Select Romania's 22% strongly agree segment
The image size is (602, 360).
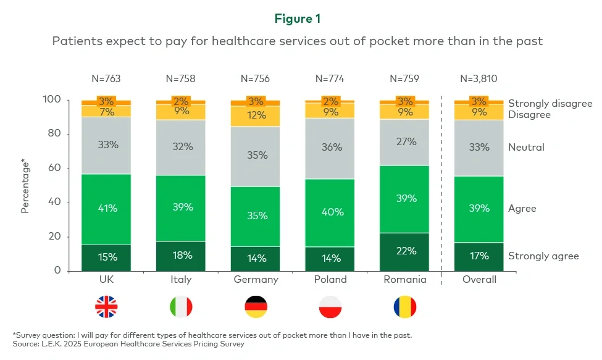click(405, 251)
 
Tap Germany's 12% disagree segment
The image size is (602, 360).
click(255, 115)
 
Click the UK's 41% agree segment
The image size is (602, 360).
click(106, 209)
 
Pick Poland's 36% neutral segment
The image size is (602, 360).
click(330, 147)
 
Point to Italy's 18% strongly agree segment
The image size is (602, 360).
click(180, 256)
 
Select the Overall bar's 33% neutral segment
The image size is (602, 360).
click(479, 147)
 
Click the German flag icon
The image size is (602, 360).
click(256, 307)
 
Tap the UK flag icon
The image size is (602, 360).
click(106, 307)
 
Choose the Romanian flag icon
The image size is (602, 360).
click(405, 307)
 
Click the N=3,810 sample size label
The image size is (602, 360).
click(479, 79)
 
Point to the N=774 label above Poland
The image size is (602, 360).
click(330, 79)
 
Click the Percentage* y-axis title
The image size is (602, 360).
click(25, 185)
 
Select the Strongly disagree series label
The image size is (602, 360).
click(550, 104)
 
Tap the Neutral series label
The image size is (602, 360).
click(526, 147)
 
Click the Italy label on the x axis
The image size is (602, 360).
click(180, 279)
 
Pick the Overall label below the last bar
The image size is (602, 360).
click(479, 279)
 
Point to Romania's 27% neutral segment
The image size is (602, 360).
click(405, 141)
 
